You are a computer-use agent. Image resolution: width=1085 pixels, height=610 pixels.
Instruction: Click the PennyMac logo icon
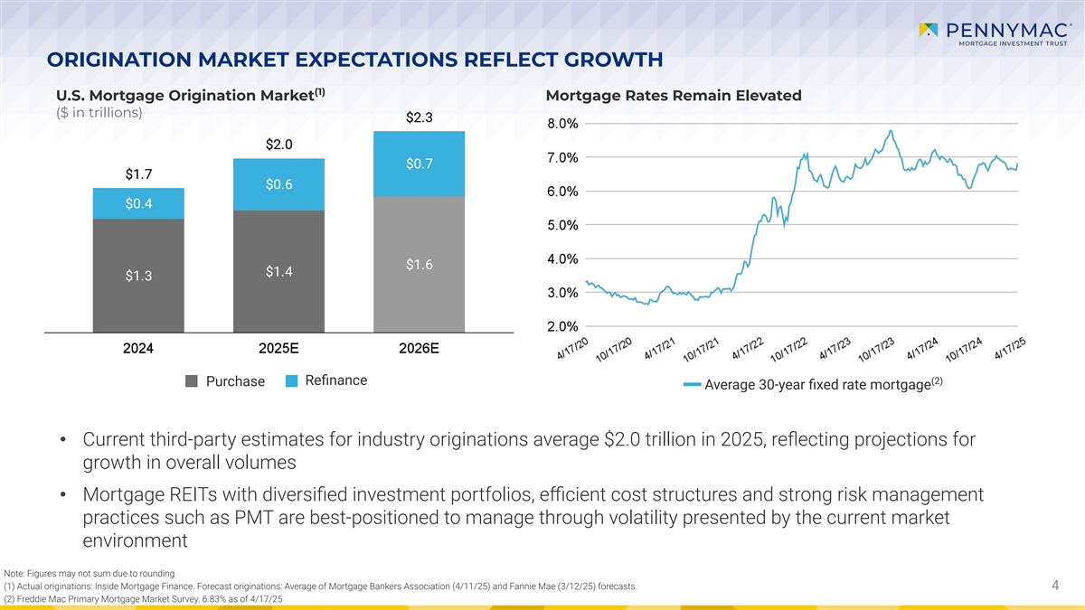(x=928, y=31)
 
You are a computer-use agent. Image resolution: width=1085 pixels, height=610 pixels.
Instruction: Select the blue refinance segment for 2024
(x=138, y=203)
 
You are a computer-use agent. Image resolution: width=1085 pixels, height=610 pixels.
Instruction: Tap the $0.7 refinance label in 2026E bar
(x=420, y=164)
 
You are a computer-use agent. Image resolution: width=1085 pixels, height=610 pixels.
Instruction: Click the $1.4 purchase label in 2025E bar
(x=278, y=271)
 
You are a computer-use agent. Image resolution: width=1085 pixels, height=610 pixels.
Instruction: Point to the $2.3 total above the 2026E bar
(x=420, y=117)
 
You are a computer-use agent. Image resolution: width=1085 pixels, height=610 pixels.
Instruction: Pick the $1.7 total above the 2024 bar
(x=138, y=174)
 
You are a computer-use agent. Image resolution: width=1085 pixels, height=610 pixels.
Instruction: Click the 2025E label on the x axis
(x=278, y=348)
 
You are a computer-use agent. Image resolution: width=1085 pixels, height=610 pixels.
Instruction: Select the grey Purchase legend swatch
(x=192, y=381)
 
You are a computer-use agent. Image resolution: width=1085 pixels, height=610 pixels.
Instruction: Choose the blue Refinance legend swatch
(x=291, y=381)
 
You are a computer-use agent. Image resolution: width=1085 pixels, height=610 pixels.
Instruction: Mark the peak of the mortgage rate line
(x=892, y=130)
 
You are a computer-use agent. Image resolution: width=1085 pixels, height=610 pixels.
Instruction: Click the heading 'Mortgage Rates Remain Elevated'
(x=674, y=96)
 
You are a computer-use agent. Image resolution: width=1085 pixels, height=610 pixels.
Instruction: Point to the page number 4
(x=1055, y=587)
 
